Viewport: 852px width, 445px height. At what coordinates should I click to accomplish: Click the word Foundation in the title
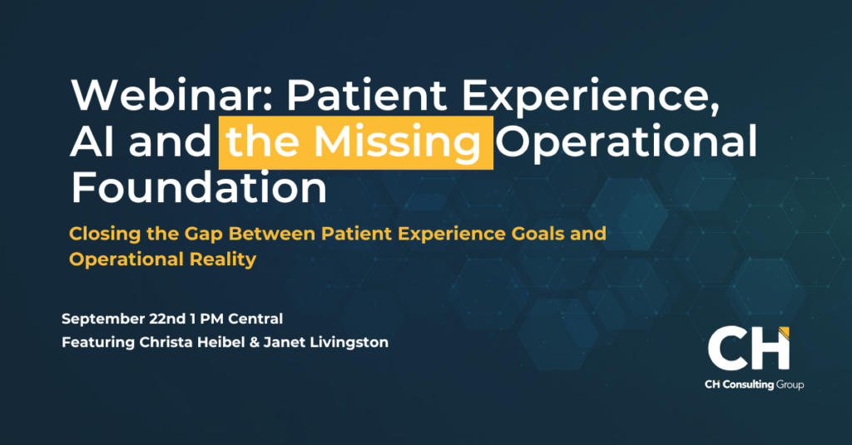[x=199, y=187]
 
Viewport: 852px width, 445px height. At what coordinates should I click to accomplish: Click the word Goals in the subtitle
[x=538, y=234]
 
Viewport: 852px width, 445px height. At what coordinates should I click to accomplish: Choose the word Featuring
[x=98, y=343]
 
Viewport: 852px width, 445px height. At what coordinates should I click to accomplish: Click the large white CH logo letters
[x=748, y=349]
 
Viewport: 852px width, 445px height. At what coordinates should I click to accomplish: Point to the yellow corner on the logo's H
[x=784, y=331]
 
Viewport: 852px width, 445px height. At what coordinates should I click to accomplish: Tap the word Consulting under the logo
[x=748, y=385]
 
